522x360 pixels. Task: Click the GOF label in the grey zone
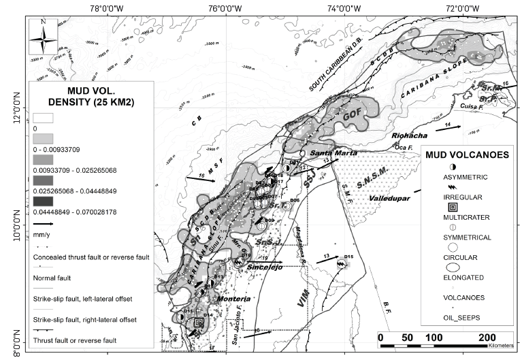coord(351,115)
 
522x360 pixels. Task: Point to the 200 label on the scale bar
coord(487,338)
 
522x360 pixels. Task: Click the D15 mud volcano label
coord(348,257)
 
